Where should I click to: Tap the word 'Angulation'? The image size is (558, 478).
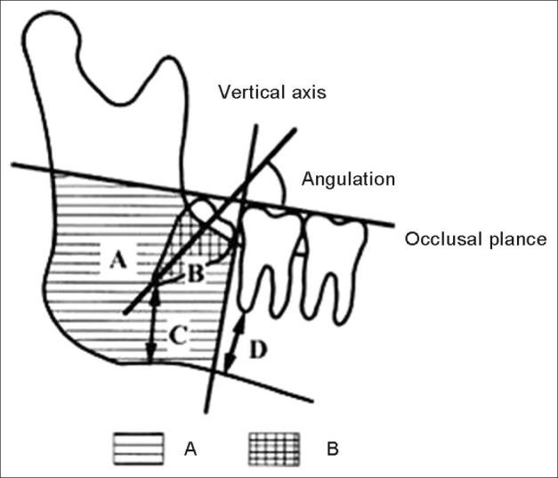[x=347, y=179]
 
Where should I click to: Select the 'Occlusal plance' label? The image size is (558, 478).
[x=475, y=239]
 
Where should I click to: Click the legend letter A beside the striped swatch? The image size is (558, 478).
[x=190, y=449]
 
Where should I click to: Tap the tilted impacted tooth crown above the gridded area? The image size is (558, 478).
[x=214, y=218]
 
